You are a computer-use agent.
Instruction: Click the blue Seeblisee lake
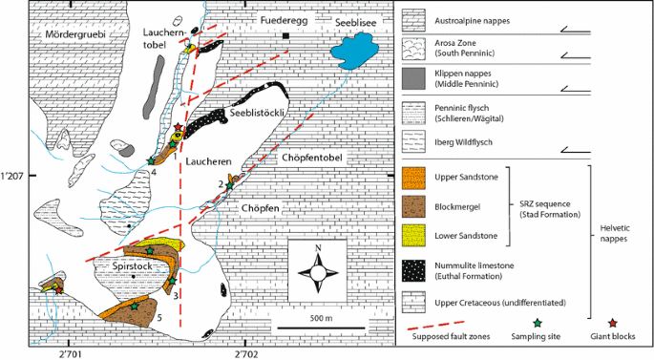353,51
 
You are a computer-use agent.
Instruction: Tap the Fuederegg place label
285,20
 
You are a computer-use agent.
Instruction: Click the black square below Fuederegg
285,36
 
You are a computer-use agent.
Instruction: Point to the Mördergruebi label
75,34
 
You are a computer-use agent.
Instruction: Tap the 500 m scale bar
321,328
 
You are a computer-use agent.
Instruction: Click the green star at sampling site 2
229,185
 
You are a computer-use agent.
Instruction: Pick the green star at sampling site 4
151,160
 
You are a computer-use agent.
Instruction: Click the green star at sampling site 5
134,307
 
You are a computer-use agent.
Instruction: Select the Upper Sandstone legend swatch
413,179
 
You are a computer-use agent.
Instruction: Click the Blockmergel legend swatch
413,207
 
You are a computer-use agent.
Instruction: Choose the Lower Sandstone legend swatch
413,235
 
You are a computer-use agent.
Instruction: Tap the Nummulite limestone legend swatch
413,271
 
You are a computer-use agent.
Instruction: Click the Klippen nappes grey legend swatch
413,79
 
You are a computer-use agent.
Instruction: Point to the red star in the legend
612,323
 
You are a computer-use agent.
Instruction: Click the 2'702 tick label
246,355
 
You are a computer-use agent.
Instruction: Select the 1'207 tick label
12,176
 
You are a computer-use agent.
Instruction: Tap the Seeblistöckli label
257,113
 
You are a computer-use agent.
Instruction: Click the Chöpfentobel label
312,158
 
